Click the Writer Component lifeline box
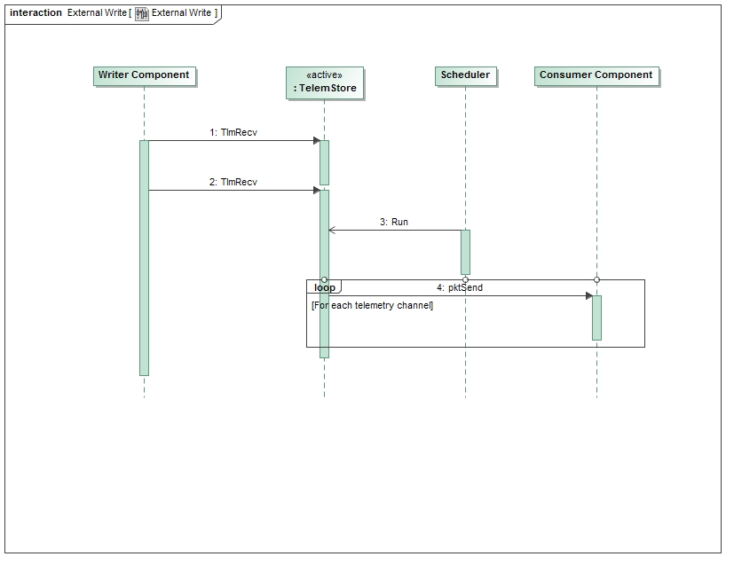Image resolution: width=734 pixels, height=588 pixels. (144, 75)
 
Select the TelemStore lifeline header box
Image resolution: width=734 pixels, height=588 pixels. (325, 82)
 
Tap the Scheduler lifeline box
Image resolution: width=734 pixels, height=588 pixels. (465, 75)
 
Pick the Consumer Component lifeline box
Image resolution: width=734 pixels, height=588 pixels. (596, 75)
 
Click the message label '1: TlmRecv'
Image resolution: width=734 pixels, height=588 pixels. (233, 132)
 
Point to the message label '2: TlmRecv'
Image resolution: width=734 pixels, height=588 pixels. (233, 182)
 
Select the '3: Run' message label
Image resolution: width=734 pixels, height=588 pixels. (394, 222)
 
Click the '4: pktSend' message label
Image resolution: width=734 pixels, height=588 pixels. (460, 287)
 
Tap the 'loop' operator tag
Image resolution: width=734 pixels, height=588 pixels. (324, 287)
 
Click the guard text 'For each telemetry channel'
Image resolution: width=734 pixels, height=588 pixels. (373, 305)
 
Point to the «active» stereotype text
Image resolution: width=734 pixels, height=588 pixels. (325, 75)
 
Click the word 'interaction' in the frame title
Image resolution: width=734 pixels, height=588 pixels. (36, 13)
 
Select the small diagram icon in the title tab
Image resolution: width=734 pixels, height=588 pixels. (142, 13)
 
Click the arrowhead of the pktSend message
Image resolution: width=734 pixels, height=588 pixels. (588, 295)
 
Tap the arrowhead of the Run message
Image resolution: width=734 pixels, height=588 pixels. (332, 230)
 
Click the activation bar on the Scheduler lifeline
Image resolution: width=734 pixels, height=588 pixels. (465, 252)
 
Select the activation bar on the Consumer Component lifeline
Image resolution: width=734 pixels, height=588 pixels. (596, 318)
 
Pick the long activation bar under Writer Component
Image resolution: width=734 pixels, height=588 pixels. (144, 257)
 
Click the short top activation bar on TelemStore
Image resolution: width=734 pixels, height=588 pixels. (325, 161)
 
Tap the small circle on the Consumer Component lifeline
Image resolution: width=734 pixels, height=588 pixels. (596, 279)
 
